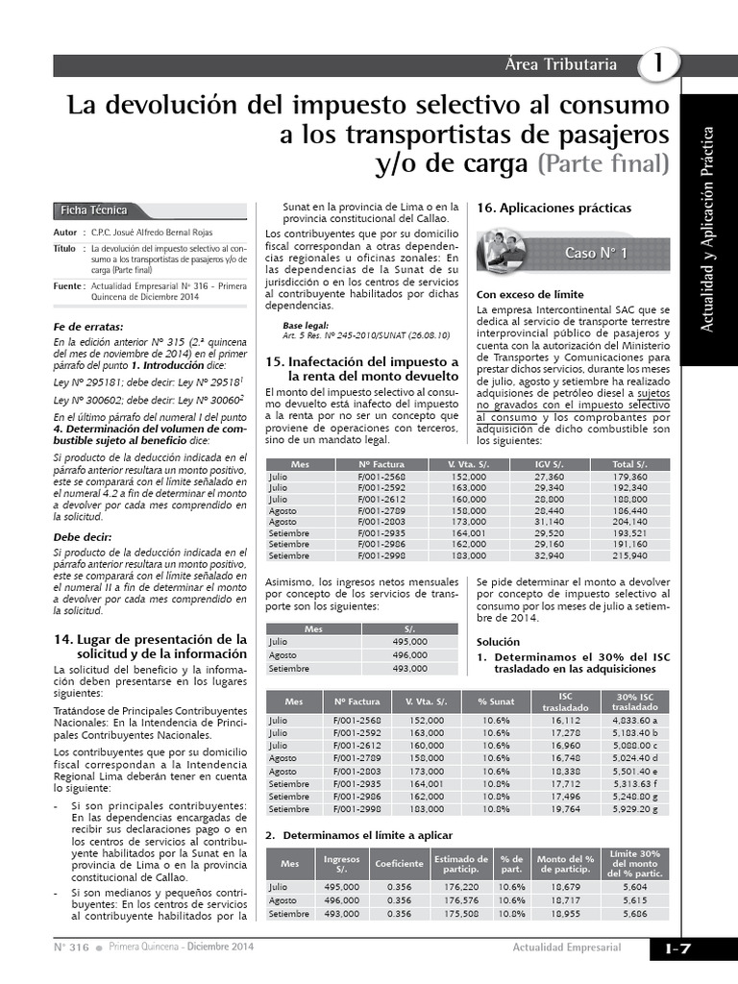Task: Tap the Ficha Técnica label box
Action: (92, 210)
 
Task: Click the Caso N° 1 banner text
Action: (595, 253)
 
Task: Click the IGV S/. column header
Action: (550, 464)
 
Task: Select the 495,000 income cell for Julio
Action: (409, 641)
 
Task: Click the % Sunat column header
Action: (497, 701)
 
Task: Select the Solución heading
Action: (500, 642)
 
